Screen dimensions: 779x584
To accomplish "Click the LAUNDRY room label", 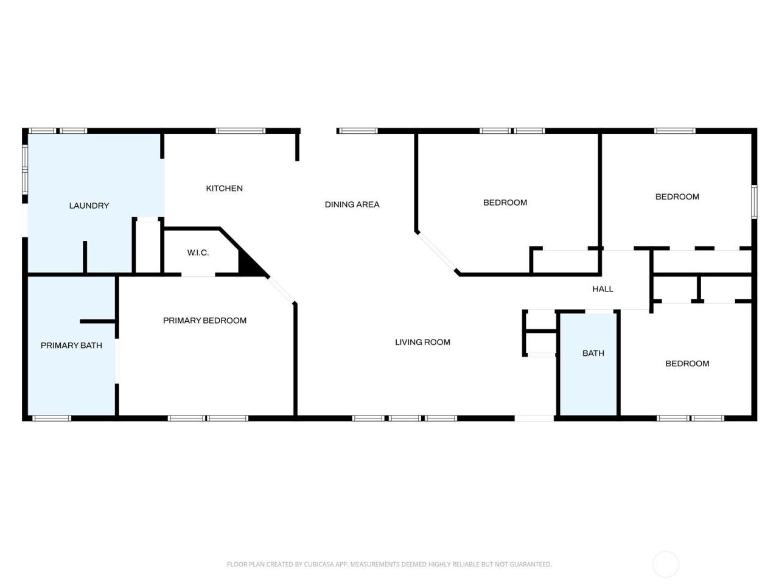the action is [x=89, y=206].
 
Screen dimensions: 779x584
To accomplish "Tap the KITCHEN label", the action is [x=225, y=189].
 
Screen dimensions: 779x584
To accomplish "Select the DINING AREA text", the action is [x=352, y=204].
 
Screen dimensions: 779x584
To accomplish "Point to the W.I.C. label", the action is [x=198, y=252].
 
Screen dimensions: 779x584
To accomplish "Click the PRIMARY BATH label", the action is [x=71, y=346].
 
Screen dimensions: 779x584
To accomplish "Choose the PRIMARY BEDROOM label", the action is [x=204, y=321].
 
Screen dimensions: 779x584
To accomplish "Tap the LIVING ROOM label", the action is [x=423, y=342].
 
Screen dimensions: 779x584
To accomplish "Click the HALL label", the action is [x=603, y=289].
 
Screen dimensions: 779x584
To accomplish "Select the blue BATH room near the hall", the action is [x=588, y=364].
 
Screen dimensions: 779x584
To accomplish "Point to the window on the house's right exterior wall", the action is [x=754, y=202].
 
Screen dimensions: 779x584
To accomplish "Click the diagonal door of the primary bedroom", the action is [x=281, y=290].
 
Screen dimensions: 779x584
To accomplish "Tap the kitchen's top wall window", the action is [x=240, y=131].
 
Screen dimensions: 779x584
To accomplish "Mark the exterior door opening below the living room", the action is [x=534, y=419].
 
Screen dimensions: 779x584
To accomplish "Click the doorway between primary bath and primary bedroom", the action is [x=117, y=361].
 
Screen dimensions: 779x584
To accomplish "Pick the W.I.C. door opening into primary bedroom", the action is [x=198, y=274].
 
